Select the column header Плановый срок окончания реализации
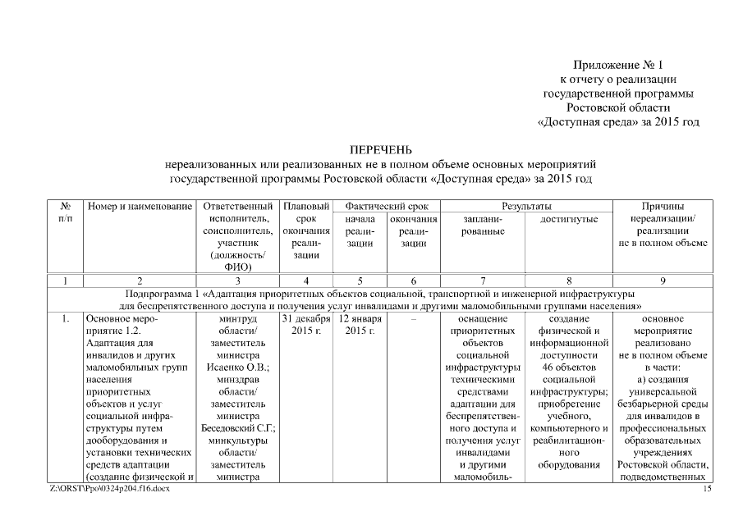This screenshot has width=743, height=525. click(x=305, y=231)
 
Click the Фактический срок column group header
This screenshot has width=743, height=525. click(x=387, y=207)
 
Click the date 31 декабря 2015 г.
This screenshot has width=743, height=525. click(x=305, y=324)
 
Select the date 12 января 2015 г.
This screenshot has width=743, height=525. click(x=360, y=324)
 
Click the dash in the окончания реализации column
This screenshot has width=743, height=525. click(x=414, y=318)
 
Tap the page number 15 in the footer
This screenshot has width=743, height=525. click(x=709, y=490)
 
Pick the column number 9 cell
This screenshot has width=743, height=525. click(x=663, y=281)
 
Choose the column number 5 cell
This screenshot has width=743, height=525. click(x=360, y=281)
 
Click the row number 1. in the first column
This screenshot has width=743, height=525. click(x=65, y=318)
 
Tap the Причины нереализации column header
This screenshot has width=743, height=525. click(x=663, y=219)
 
